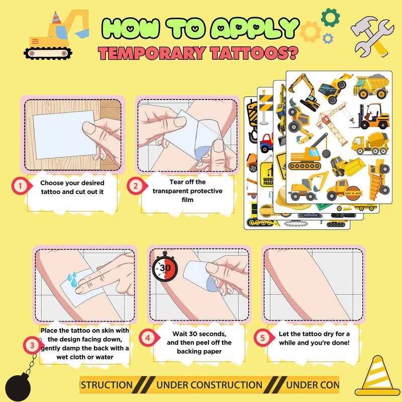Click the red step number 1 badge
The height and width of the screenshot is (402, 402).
coord(21,185)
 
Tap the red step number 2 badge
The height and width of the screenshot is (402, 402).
coord(136,185)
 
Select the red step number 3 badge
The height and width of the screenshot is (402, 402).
coord(32,345)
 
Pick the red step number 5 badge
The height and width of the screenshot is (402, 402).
coord(263,338)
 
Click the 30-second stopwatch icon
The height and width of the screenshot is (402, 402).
coord(165,267)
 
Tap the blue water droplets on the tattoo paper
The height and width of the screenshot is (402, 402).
coord(72,279)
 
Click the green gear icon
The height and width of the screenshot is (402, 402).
coord(330,18)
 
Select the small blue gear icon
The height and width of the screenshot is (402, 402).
coord(328,39)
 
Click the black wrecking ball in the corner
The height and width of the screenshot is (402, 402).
coord(18,387)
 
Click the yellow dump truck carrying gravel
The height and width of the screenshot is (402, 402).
coord(371,86)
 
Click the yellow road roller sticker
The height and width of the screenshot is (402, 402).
coord(345,190)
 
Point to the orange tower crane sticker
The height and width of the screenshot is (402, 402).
coord(334,123)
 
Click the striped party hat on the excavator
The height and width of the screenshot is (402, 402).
coord(56,18)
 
